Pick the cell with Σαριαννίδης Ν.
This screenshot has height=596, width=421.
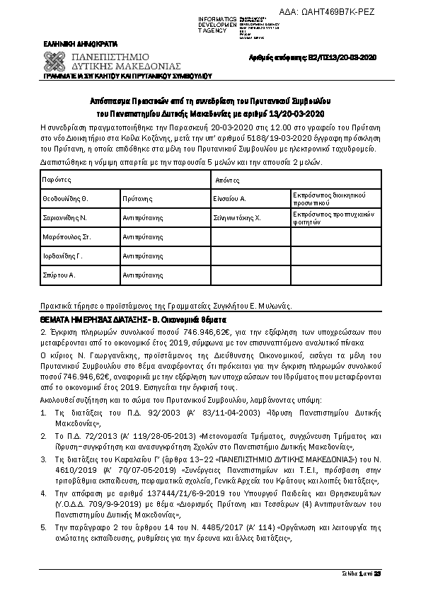[64, 219]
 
